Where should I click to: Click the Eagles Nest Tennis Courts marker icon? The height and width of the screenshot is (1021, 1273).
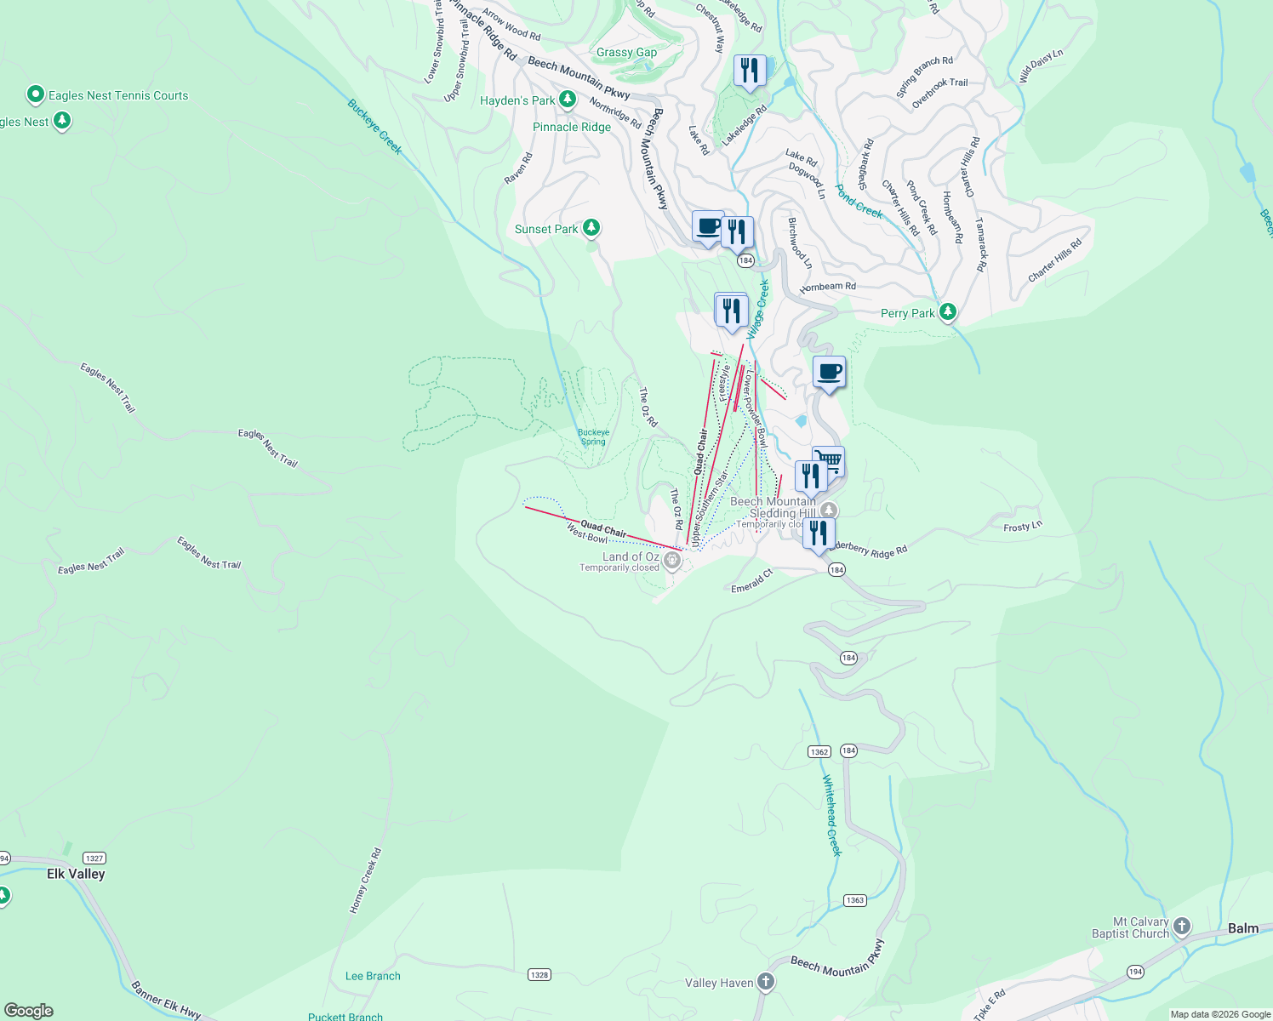[36, 94]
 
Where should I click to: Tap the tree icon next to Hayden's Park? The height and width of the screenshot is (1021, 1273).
[568, 100]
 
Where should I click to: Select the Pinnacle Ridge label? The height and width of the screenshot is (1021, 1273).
[572, 127]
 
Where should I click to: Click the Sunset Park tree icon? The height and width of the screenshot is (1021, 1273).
[591, 228]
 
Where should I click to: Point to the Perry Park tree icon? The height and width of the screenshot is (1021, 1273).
[947, 312]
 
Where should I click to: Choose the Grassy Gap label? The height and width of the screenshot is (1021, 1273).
[626, 52]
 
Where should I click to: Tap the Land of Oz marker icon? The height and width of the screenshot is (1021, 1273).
[672, 560]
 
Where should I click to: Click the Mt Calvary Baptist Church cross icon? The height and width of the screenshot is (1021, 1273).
[1182, 926]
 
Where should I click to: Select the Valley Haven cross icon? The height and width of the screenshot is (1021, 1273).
[766, 982]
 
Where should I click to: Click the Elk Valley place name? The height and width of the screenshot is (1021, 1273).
[76, 874]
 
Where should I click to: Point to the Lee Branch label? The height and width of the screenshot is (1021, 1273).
[373, 976]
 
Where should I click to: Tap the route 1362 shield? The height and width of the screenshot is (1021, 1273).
[819, 751]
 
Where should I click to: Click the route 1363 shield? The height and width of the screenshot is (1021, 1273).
[854, 900]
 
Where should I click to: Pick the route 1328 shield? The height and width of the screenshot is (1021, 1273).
[539, 974]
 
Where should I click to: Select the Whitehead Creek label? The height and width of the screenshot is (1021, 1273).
[831, 815]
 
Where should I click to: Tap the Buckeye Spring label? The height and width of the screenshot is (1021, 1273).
[593, 436]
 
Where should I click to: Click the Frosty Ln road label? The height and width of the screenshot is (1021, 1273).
[1022, 528]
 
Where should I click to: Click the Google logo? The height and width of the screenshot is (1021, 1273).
[29, 1011]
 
